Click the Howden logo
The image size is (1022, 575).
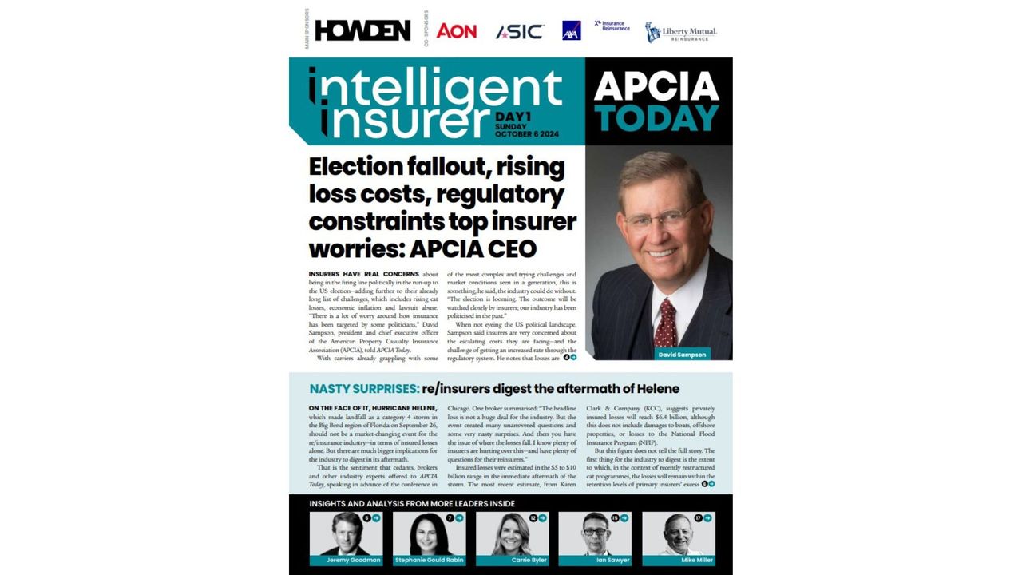[362, 30]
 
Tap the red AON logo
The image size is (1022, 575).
[457, 30]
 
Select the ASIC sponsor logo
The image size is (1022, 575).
[520, 31]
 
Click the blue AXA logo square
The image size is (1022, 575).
[572, 30]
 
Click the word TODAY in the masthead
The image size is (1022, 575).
[658, 117]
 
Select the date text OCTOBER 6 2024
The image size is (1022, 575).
[527, 134]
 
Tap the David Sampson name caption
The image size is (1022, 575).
[681, 354]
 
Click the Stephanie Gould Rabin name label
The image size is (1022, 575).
[430, 561]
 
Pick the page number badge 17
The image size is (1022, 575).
[698, 518]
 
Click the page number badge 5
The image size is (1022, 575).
[366, 518]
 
